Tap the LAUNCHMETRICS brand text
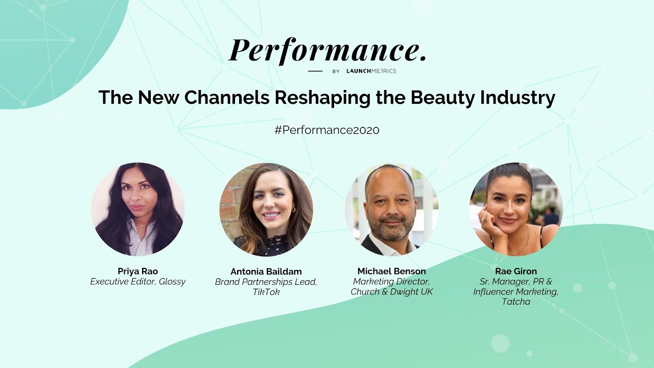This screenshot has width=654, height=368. (371, 71)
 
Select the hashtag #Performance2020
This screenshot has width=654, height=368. (327, 130)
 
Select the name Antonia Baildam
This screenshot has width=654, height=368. (266, 271)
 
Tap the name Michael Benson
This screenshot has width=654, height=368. (391, 271)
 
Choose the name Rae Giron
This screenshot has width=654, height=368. (516, 271)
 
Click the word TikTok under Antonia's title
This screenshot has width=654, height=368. (266, 292)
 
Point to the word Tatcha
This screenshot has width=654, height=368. (516, 302)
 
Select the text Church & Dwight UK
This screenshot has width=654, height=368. (391, 292)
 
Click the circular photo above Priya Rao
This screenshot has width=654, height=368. (138, 209)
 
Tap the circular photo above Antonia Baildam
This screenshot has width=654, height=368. (266, 210)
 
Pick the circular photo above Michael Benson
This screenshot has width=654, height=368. (391, 210)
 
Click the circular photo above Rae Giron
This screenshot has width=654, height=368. (516, 210)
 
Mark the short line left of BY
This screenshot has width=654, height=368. (315, 71)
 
